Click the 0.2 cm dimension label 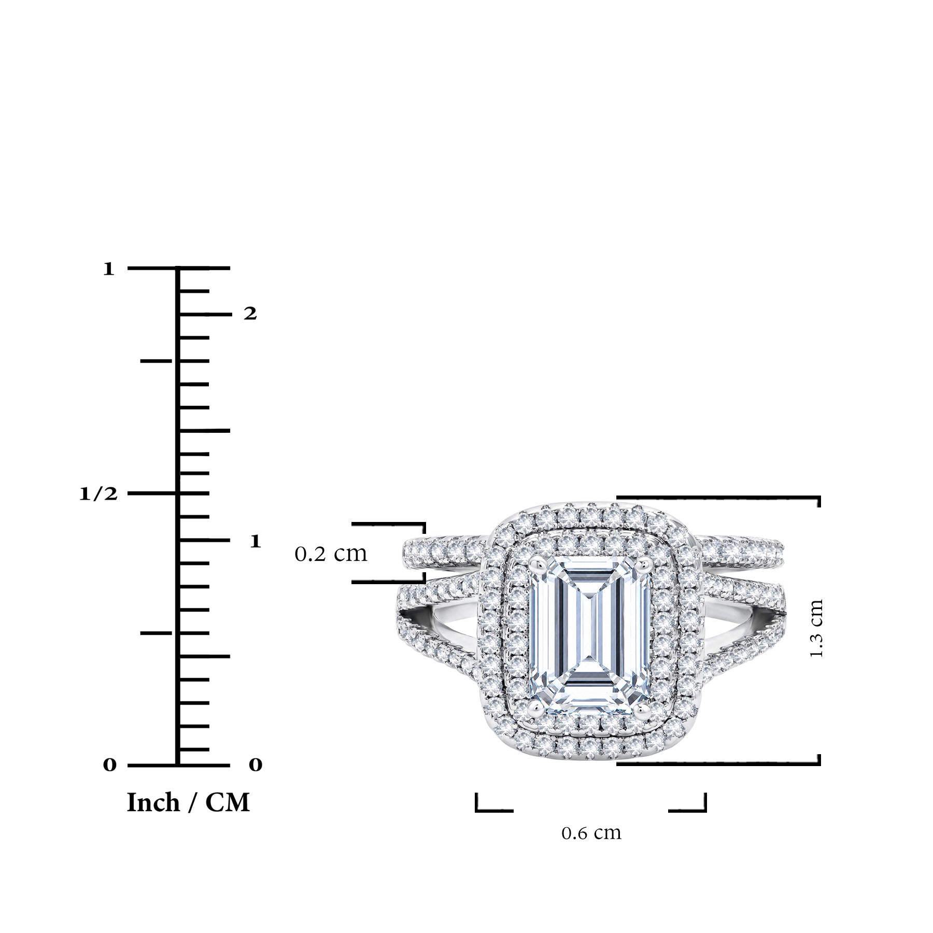click(331, 554)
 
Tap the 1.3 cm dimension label click(816, 628)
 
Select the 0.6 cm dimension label click(591, 833)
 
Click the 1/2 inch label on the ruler click(98, 493)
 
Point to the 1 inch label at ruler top click(108, 269)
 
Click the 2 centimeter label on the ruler click(250, 314)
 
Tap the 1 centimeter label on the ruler click(255, 541)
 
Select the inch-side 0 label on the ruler click(109, 765)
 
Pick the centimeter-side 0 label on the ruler click(256, 765)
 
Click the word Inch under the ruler click(153, 803)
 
